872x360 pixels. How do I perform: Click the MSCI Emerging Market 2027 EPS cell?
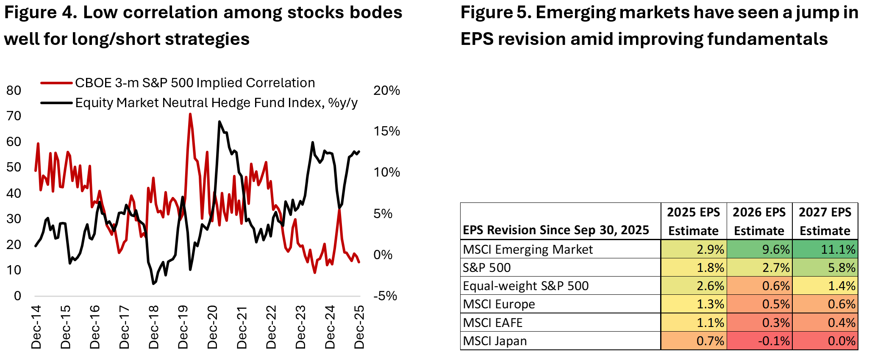click(x=825, y=249)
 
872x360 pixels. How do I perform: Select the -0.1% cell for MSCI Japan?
click(x=759, y=341)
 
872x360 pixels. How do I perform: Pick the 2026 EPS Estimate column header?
click(x=759, y=221)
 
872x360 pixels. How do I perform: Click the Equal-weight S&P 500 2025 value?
click(x=694, y=286)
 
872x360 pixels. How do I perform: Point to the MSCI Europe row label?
click(x=499, y=304)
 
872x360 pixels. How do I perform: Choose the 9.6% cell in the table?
click(x=759, y=249)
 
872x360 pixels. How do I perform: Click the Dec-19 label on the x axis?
click(x=183, y=327)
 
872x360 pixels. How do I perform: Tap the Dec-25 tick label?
click(x=359, y=327)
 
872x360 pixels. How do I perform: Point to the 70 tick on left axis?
click(x=14, y=116)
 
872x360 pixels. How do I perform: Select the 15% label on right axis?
click(x=386, y=131)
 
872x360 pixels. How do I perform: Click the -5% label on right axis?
click(x=385, y=296)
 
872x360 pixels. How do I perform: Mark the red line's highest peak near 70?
click(x=190, y=114)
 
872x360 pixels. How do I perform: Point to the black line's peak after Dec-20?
click(x=219, y=122)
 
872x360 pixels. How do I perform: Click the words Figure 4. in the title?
click(x=41, y=13)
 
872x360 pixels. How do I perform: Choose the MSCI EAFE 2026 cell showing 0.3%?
click(x=759, y=323)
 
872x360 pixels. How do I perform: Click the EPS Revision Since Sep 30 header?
click(x=555, y=230)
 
